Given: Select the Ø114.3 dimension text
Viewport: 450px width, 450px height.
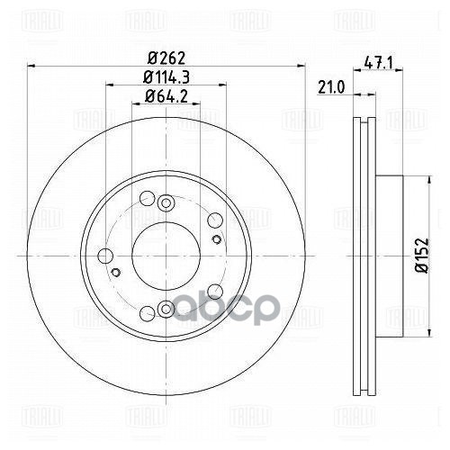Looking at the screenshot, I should [164, 76].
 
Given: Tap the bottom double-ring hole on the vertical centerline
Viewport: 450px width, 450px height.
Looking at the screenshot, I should [166, 310].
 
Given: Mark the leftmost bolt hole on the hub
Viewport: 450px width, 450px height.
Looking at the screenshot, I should [105, 256].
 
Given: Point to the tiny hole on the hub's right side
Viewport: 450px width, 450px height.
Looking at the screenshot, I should [218, 240].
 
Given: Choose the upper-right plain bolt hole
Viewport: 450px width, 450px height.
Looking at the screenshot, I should [214, 222].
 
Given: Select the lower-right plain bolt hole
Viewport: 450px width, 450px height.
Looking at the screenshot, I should [214, 291].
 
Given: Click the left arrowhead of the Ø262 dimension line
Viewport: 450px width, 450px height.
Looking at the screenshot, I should [31, 65].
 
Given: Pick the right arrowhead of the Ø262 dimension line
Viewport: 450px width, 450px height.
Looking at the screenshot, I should [299, 65].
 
